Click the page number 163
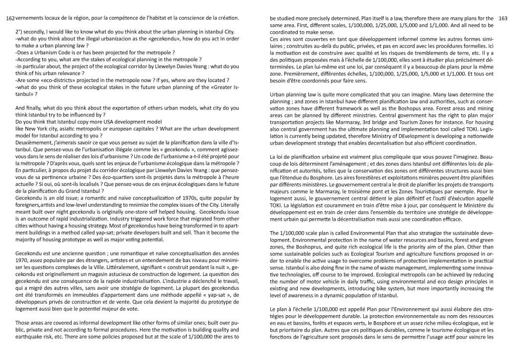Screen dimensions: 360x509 502,18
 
